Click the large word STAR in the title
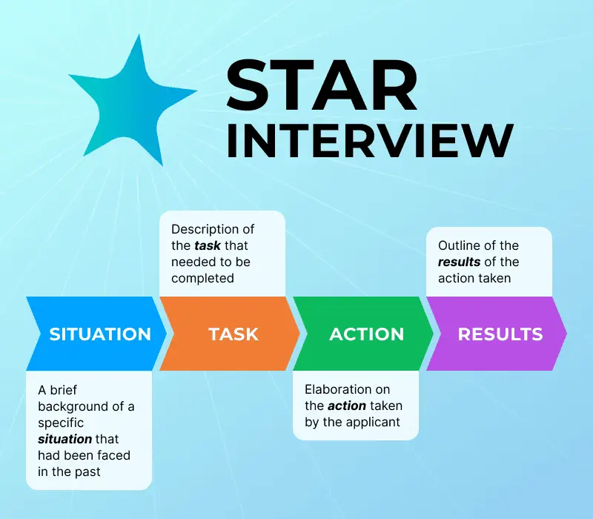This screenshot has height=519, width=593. (322, 87)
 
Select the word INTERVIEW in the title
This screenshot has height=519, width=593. (369, 140)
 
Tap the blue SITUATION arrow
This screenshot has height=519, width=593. (99, 334)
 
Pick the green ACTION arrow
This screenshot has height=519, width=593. (366, 334)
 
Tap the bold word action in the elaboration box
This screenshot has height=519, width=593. (346, 406)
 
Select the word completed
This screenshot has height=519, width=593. (202, 279)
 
